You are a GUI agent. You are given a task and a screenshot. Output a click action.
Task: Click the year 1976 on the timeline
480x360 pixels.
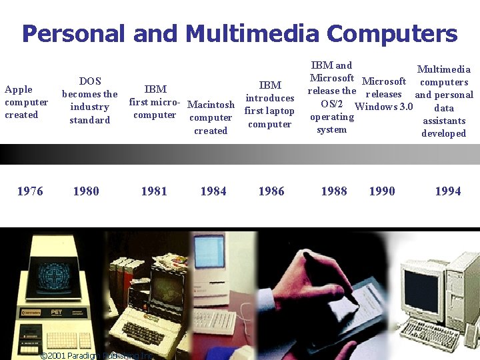coord(30,191)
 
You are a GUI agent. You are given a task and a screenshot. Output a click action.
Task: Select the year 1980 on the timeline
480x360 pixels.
coord(86,191)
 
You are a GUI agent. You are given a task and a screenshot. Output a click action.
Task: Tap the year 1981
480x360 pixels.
coord(154,191)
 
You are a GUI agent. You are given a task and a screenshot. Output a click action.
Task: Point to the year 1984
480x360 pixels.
coord(213,191)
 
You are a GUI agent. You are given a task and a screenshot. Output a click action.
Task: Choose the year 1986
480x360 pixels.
coord(271,191)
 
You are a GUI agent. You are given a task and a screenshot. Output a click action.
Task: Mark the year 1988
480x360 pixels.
coord(334,191)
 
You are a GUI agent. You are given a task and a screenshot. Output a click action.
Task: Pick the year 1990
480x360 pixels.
coord(382,191)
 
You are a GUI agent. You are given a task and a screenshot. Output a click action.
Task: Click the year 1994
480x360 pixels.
coord(448,191)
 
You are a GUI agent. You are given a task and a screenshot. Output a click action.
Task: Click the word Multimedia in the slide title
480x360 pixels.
coord(253,33)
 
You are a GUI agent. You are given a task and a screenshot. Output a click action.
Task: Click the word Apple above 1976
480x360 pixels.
coord(18,89)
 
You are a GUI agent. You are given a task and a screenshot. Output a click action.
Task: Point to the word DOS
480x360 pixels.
coord(90,81)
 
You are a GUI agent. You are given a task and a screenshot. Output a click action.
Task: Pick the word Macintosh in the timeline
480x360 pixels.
coord(211,105)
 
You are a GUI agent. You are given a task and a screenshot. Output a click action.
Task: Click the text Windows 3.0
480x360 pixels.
coord(385,107)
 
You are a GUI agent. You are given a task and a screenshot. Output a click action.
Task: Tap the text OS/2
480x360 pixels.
coord(332,104)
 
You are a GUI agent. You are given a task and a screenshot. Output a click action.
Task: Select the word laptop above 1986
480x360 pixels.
coord(279,111)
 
